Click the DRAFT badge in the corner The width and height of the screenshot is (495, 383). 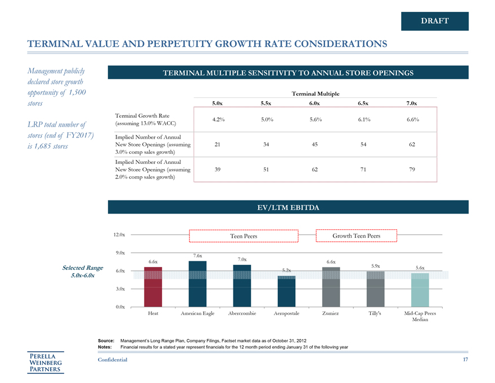pos(434,21)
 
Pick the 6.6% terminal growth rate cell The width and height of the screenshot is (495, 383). pos(412,119)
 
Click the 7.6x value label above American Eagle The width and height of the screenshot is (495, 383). pos(197,256)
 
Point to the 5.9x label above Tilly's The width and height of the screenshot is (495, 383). pos(376,266)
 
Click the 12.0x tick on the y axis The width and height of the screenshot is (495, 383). pos(119,234)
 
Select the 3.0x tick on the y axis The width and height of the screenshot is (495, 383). pos(119,289)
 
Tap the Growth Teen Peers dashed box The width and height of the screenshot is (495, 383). pos(356,235)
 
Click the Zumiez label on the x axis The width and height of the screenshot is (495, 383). pos(331,313)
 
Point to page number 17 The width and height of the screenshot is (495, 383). pos(465,360)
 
